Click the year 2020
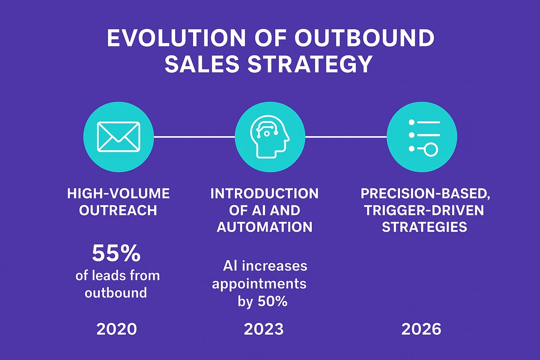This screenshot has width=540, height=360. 117,329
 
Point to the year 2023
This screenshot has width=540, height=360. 264,329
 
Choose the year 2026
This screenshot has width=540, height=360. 421,329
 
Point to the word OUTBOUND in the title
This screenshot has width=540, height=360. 364,40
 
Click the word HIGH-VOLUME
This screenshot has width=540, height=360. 118,194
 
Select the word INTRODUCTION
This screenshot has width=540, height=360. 265,194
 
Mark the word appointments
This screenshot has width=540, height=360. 259,284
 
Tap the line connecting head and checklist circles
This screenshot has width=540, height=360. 346,136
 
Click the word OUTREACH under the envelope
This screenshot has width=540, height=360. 118,211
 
